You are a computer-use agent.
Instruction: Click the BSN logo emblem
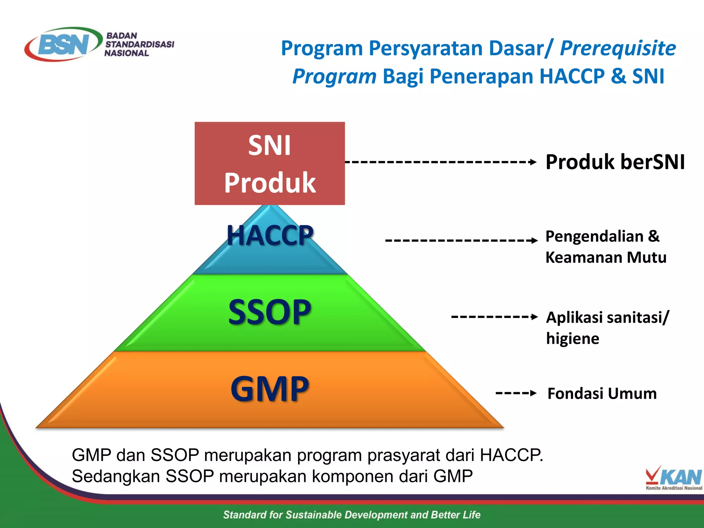[64, 44]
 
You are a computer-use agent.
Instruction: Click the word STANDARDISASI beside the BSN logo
[140, 44]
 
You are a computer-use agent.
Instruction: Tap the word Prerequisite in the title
[618, 48]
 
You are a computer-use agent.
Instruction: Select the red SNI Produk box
[269, 164]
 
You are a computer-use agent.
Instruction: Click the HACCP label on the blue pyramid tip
[270, 236]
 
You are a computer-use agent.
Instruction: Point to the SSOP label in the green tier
[270, 312]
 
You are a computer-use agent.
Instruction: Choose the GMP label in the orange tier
[270, 389]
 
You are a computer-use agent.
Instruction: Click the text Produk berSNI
[615, 162]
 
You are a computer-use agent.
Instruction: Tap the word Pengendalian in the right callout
[594, 236]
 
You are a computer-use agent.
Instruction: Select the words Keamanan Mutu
[606, 257]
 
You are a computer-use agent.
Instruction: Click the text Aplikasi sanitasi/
[607, 317]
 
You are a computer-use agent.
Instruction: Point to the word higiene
[573, 339]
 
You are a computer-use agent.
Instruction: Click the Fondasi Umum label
[602, 394]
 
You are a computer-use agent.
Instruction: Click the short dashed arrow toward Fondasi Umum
[516, 393]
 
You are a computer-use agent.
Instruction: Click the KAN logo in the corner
[674, 478]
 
